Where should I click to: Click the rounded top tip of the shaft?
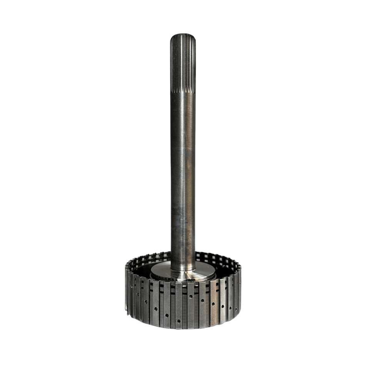coord(183,35)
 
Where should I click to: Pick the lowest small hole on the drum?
coord(179,321)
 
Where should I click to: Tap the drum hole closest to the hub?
coord(191,296)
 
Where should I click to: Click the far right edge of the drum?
coord(240,289)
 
